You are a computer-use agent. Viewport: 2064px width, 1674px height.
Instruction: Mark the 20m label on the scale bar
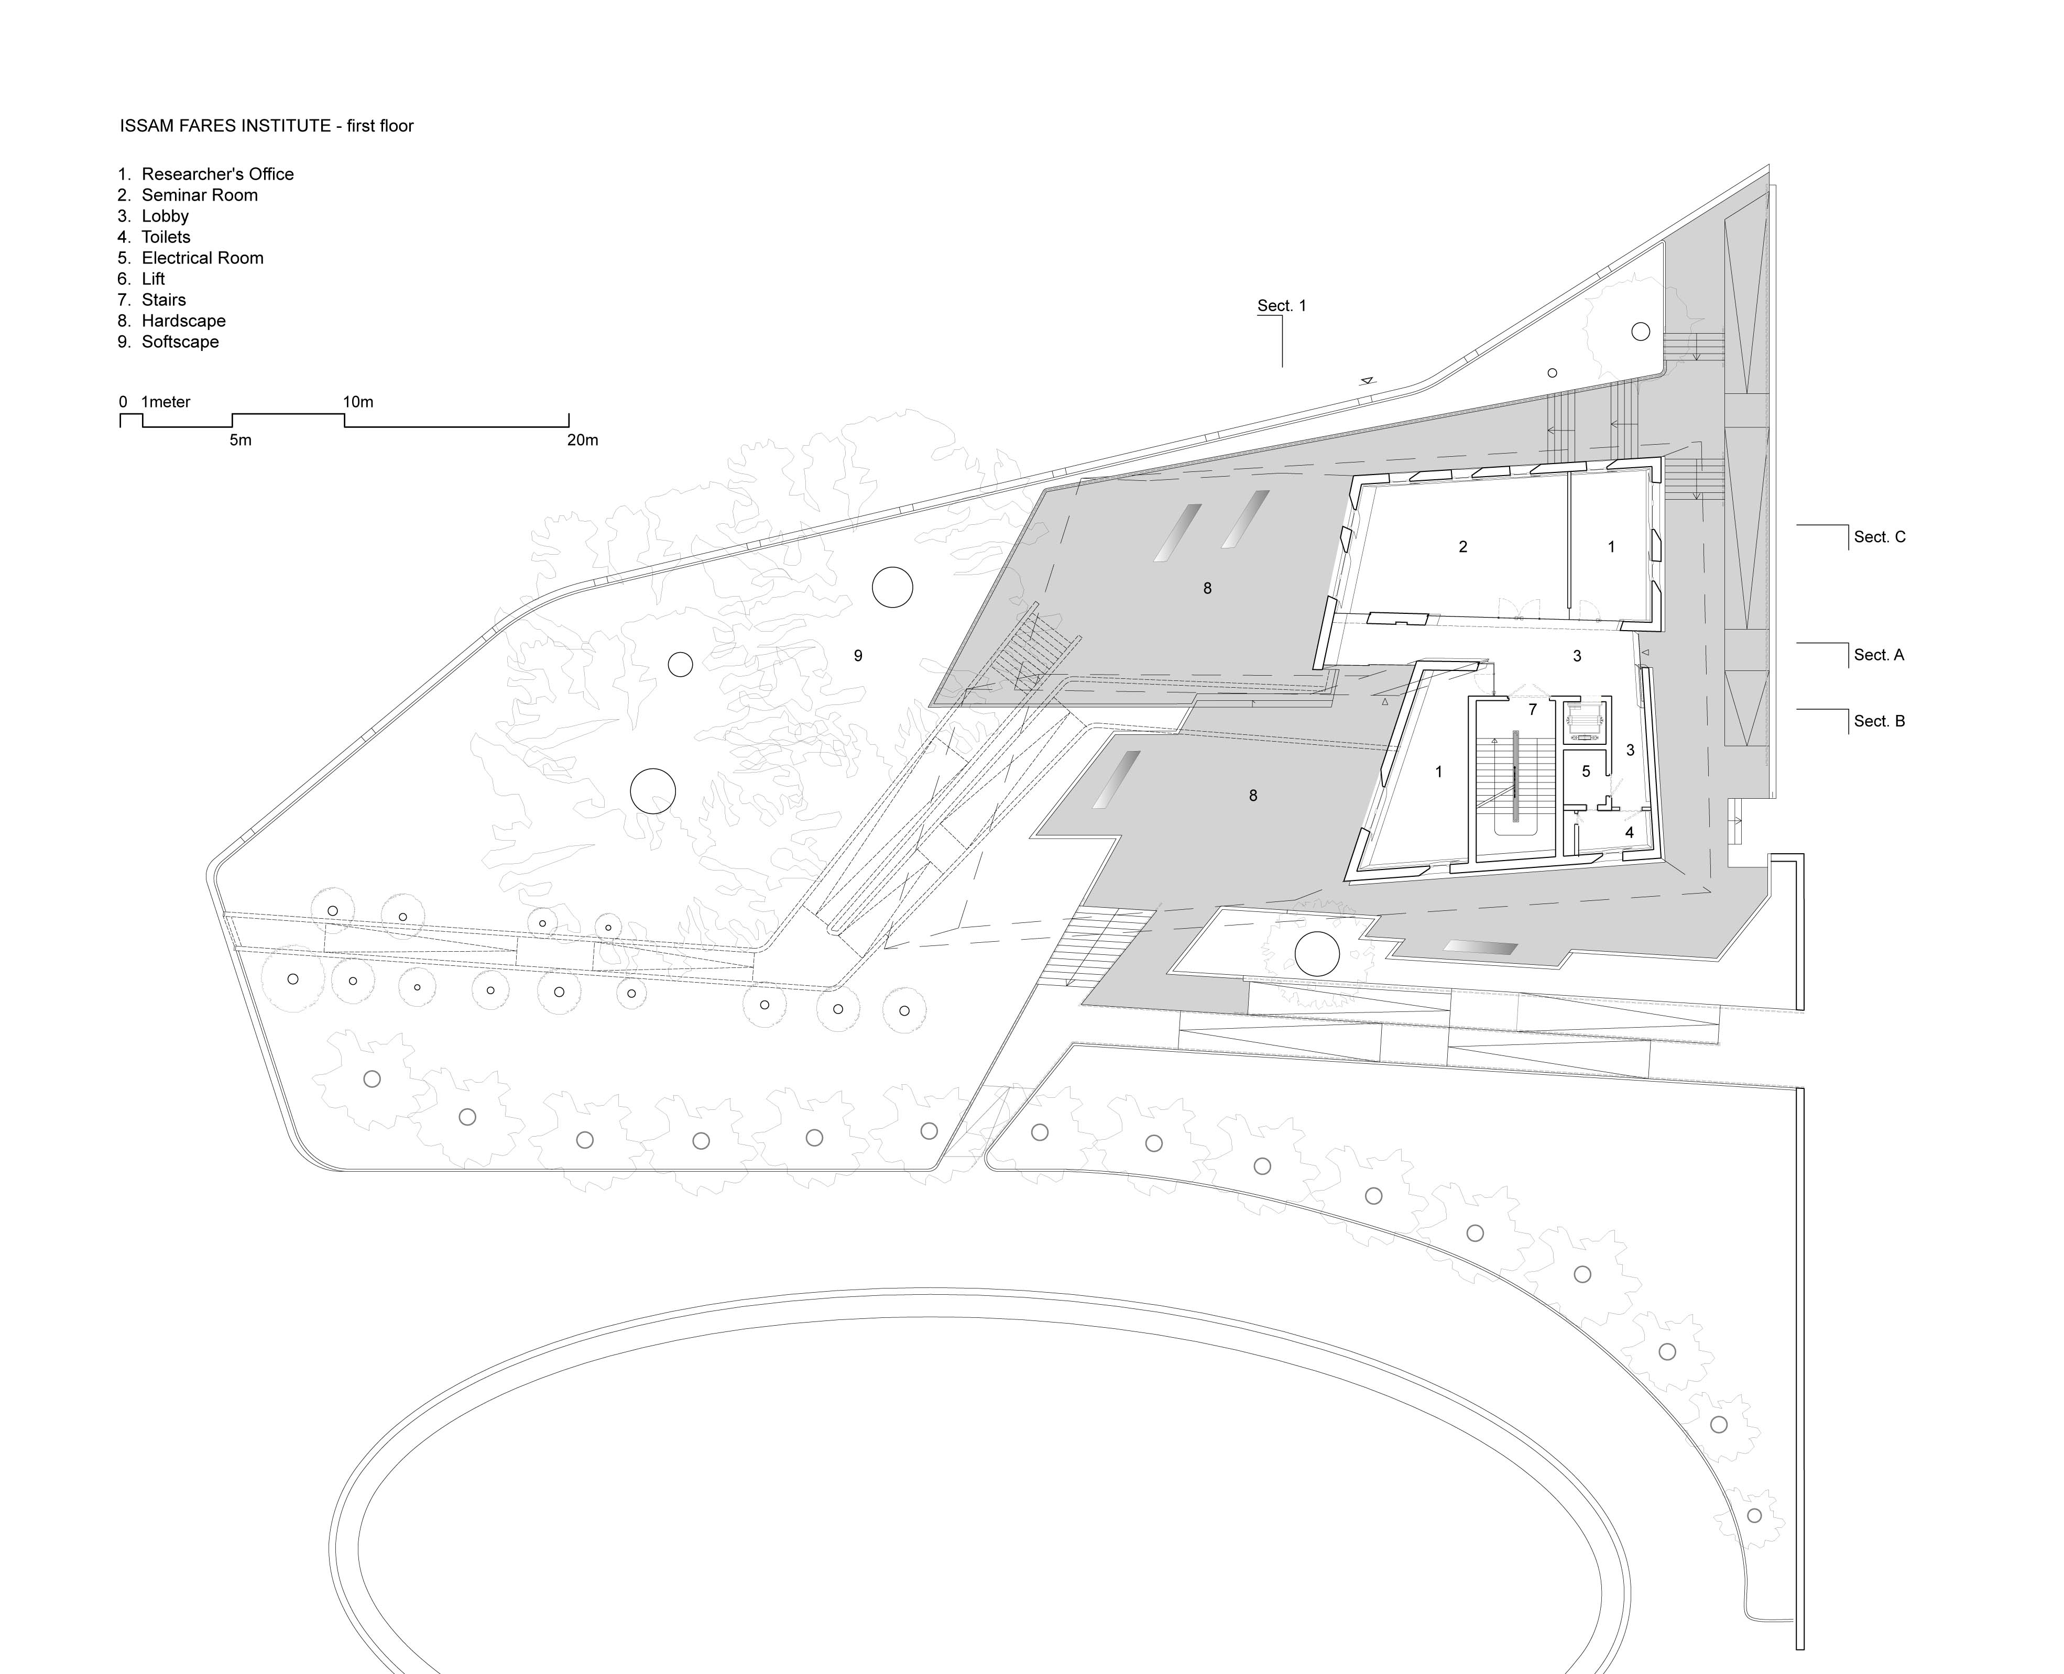click(583, 440)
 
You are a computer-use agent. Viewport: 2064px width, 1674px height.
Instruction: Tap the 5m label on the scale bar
click(240, 440)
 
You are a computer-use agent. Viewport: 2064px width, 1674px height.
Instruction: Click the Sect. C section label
click(1880, 537)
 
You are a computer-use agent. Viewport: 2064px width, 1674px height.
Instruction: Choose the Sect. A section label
click(1879, 655)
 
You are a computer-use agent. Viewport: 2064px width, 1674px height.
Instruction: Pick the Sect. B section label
click(1879, 721)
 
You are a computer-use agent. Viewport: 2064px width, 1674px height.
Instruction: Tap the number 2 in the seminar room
click(1463, 547)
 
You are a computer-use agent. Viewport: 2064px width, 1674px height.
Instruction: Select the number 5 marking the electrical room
click(1586, 772)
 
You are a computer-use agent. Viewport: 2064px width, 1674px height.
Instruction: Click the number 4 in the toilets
click(1629, 832)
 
